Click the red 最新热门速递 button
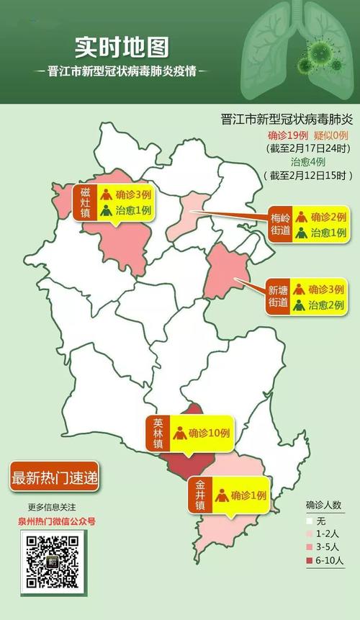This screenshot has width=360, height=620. click(54, 477)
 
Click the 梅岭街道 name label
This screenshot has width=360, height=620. click(279, 224)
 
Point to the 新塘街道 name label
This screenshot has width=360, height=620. click(278, 297)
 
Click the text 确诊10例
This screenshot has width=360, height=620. click(209, 433)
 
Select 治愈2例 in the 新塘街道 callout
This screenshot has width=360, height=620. click(326, 305)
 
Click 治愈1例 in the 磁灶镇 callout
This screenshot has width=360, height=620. click(133, 211)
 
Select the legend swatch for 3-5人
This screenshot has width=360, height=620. click(308, 547)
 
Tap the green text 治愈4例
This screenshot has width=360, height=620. click(289, 162)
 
